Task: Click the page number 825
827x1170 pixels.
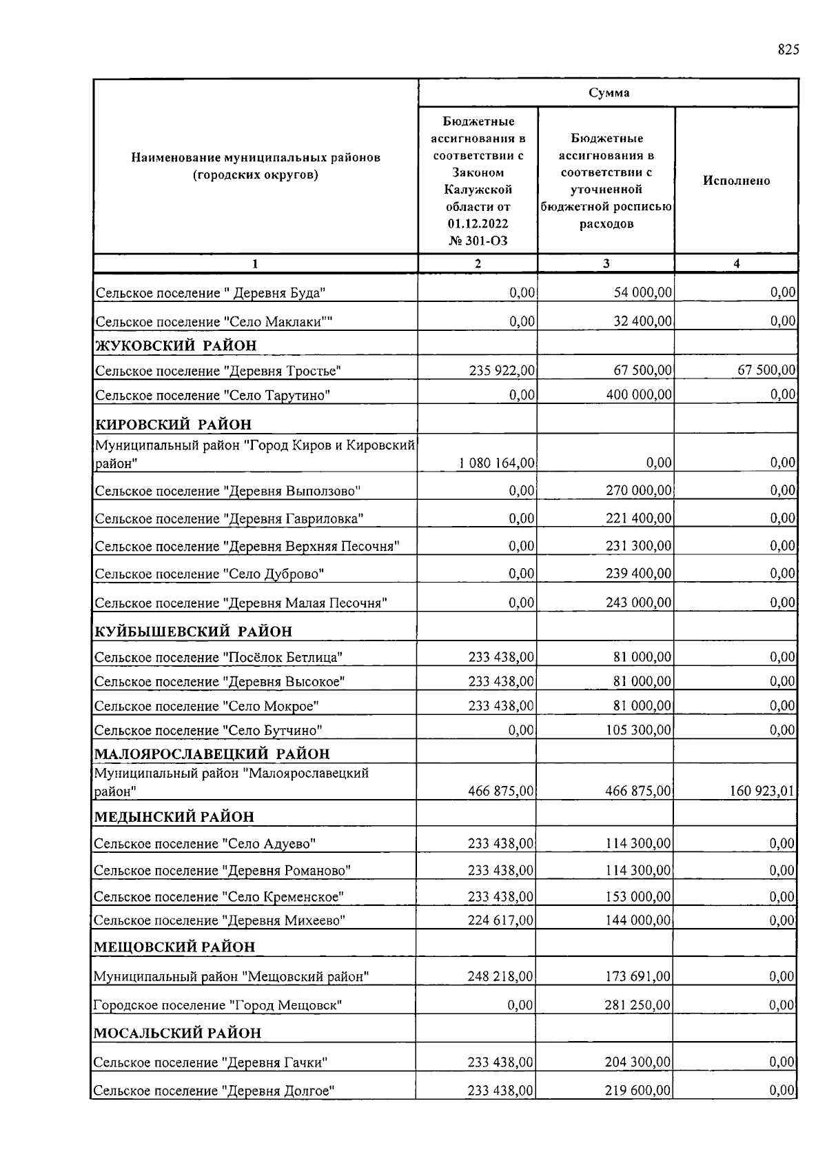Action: [x=788, y=50]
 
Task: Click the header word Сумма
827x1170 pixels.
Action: [x=609, y=93]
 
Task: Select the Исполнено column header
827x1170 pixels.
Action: [x=736, y=181]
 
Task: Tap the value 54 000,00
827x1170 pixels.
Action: [x=642, y=293]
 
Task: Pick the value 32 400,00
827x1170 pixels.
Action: [x=642, y=321]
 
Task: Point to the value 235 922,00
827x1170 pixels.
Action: [x=502, y=371]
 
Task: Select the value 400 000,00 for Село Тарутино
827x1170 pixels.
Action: [x=639, y=395]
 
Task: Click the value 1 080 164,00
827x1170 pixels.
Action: [x=496, y=463]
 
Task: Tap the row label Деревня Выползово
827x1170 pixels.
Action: [x=227, y=492]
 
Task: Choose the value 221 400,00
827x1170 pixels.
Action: [x=639, y=518]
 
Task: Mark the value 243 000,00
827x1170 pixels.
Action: [x=639, y=603]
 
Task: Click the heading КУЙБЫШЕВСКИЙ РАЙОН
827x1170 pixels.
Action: [x=193, y=632]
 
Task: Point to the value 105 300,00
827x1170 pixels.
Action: [x=639, y=730]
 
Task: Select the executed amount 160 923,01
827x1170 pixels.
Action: [x=762, y=791]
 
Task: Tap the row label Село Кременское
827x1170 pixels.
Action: [x=218, y=897]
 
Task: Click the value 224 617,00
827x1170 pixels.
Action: [x=500, y=920]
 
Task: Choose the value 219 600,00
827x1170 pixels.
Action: [x=637, y=1091]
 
